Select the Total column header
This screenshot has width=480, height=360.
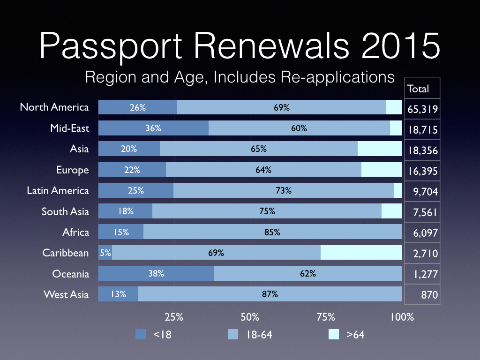tap(418, 89)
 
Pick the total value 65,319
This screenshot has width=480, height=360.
tap(422, 110)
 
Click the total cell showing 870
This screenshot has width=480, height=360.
tap(429, 295)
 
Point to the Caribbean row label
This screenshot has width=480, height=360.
tap(66, 253)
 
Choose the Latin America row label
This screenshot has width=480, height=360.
tap(58, 190)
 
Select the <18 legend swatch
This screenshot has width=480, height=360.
tap(141, 334)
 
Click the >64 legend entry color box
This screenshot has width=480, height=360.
tap(334, 334)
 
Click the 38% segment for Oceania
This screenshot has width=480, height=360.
tap(156, 273)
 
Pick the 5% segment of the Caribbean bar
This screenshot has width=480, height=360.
tap(105, 253)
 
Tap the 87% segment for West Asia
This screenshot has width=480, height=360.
tap(270, 294)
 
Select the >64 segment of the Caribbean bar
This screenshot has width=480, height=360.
tap(361, 253)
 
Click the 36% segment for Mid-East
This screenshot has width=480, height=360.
tap(153, 128)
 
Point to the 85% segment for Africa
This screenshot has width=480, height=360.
tap(272, 232)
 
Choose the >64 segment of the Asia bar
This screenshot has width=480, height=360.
tap(380, 149)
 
